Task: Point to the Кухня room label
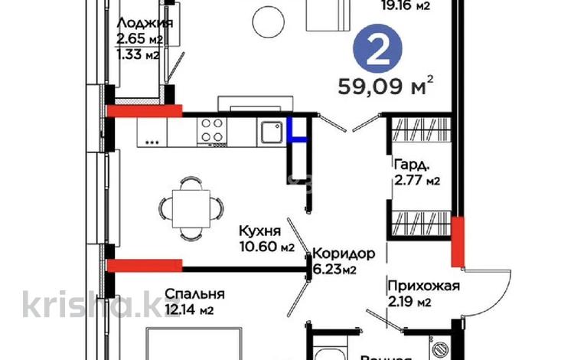pyautogui.click(x=260, y=231)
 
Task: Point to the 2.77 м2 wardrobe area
pyautogui.click(x=417, y=181)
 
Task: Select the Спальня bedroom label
pyautogui.click(x=195, y=293)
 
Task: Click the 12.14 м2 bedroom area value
pyautogui.click(x=187, y=310)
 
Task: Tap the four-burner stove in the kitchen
pyautogui.click(x=212, y=132)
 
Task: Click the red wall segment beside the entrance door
pyautogui.click(x=458, y=242)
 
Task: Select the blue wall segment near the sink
pyautogui.click(x=298, y=133)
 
